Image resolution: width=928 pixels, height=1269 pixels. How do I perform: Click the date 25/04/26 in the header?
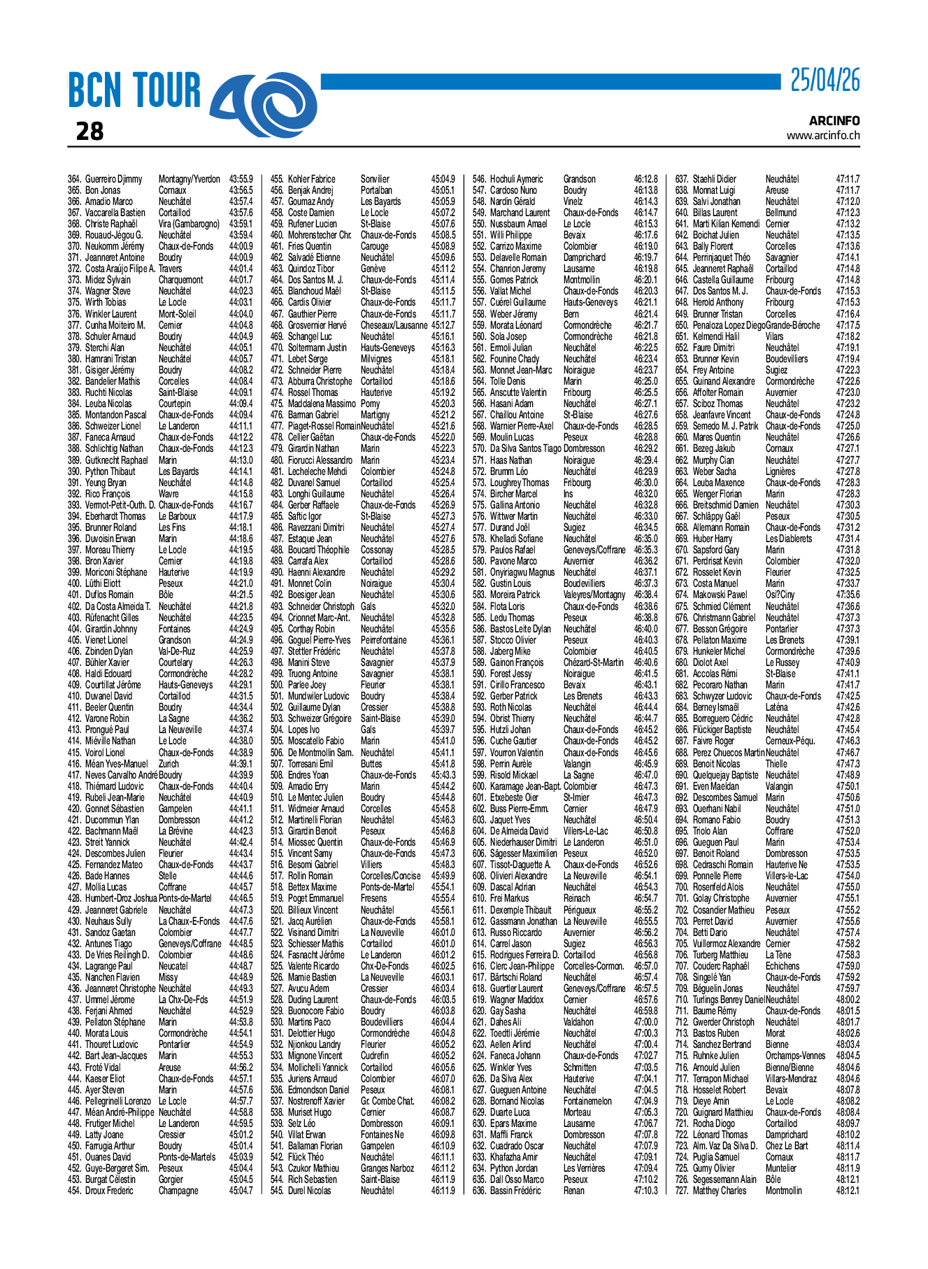pos(825,81)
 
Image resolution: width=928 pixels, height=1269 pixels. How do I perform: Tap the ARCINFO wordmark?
pos(834,121)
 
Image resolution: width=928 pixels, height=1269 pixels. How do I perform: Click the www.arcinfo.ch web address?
pos(823,136)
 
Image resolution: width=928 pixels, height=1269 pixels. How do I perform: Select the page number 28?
pos(90,132)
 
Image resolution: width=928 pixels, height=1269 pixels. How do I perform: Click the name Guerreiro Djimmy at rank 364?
pos(113,179)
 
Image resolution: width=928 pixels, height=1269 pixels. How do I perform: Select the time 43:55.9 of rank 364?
pos(241,179)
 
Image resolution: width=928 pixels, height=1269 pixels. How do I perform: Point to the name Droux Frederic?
pos(109,1191)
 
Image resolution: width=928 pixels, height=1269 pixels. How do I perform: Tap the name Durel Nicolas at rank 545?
pos(310,1191)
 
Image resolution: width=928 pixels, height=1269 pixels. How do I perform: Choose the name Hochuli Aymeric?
pos(516,179)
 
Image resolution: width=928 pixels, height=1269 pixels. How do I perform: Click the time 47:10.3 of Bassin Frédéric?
pos(645,1191)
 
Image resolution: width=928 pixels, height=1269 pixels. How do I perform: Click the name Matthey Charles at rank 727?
pos(719,1191)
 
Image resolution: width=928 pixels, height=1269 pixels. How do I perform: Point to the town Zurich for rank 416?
pos(169,764)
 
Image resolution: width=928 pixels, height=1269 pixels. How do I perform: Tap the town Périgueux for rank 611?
pos(580,910)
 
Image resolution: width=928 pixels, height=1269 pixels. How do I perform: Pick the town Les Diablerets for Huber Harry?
pos(789,539)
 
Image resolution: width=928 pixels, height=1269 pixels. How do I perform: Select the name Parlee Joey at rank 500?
pos(307,685)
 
